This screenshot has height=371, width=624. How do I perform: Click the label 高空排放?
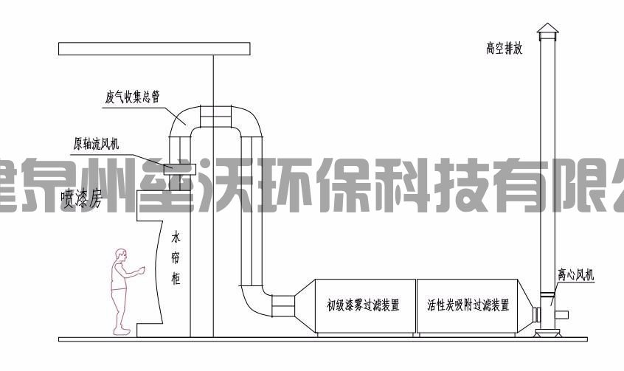click(504, 50)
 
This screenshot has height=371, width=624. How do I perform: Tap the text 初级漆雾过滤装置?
click(363, 304)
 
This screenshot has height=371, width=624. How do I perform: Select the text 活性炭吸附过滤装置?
click(468, 304)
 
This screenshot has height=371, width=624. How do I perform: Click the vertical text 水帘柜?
click(176, 258)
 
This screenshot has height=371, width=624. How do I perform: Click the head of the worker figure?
click(119, 256)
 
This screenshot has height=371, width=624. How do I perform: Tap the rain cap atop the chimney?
click(547, 30)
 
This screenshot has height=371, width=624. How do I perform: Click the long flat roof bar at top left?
click(155, 49)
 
